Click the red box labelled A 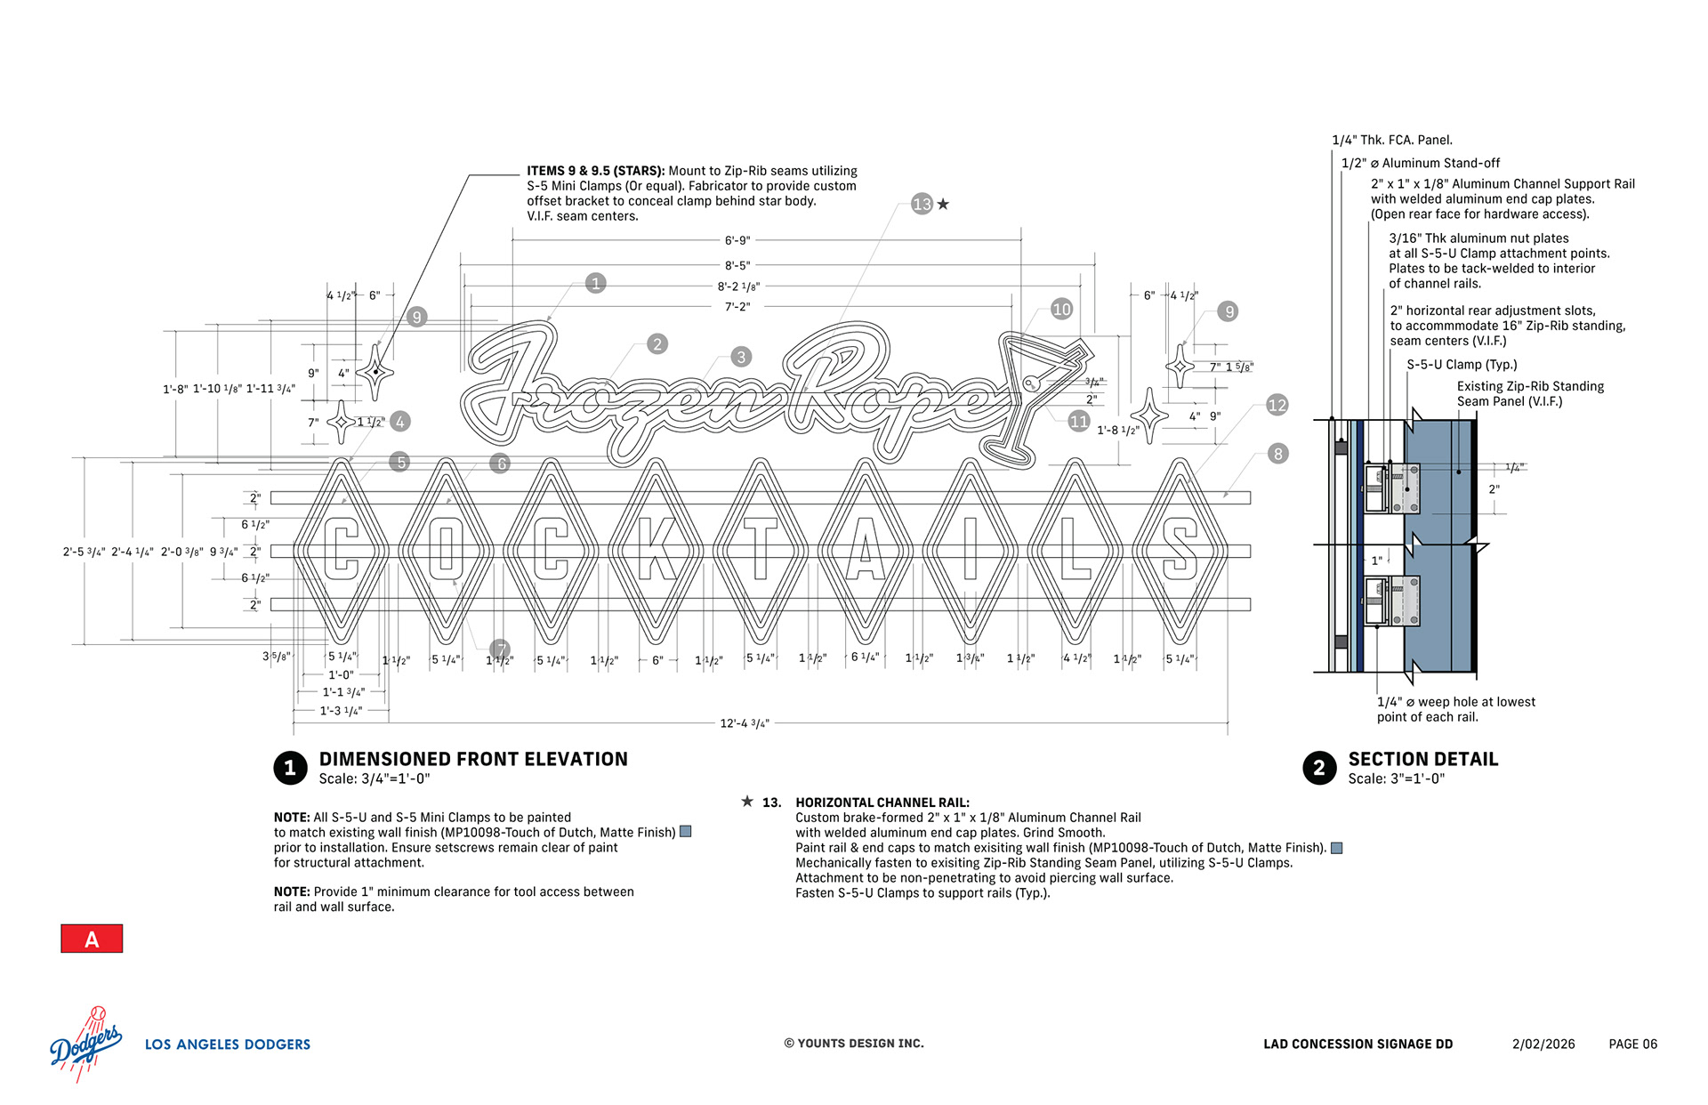pyautogui.click(x=92, y=939)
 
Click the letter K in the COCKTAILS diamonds pyautogui.click(x=656, y=551)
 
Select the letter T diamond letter pyautogui.click(x=761, y=549)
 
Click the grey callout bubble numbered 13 pyautogui.click(x=922, y=204)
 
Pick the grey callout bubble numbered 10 pyautogui.click(x=1061, y=309)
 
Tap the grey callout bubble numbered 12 pyautogui.click(x=1277, y=405)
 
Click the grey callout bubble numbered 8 pyautogui.click(x=1277, y=454)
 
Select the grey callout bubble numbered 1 pyautogui.click(x=596, y=283)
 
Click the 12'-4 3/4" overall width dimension pyautogui.click(x=745, y=723)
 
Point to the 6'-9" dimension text pyautogui.click(x=737, y=240)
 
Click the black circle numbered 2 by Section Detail pyautogui.click(x=1319, y=768)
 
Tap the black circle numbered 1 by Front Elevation pyautogui.click(x=290, y=768)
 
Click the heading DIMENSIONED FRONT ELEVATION pyautogui.click(x=473, y=759)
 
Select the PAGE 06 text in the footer pyautogui.click(x=1632, y=1045)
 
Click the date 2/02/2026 pyautogui.click(x=1543, y=1045)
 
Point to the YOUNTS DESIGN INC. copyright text pyautogui.click(x=854, y=1044)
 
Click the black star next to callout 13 pyautogui.click(x=944, y=204)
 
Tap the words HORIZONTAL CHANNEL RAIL pyautogui.click(x=882, y=803)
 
